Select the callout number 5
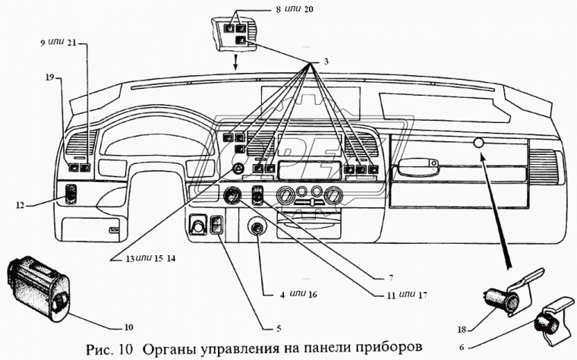tap(279, 328)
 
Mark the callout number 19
tap(49, 77)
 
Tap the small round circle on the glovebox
tap(478, 144)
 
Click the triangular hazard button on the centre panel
tap(238, 169)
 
